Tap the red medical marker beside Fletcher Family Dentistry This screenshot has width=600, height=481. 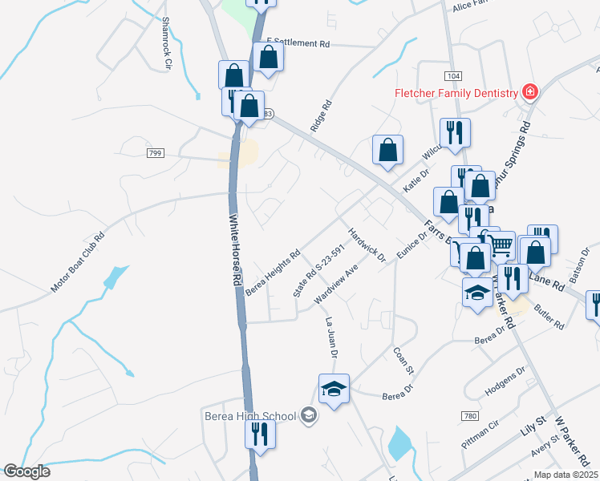tap(529, 92)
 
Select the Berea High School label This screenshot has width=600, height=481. tap(249, 415)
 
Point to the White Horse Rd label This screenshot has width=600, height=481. tap(235, 251)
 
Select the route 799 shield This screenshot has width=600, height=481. tap(155, 152)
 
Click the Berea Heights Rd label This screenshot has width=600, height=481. tap(273, 272)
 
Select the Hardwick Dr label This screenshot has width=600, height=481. tap(367, 245)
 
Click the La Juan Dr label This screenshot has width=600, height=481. tap(332, 337)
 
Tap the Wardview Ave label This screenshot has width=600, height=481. tap(335, 285)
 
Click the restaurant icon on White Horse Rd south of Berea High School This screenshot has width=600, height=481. tap(259, 434)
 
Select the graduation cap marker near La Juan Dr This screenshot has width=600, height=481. tap(334, 390)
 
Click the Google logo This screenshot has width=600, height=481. tap(26, 471)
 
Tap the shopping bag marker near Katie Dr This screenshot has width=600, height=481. tap(387, 150)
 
